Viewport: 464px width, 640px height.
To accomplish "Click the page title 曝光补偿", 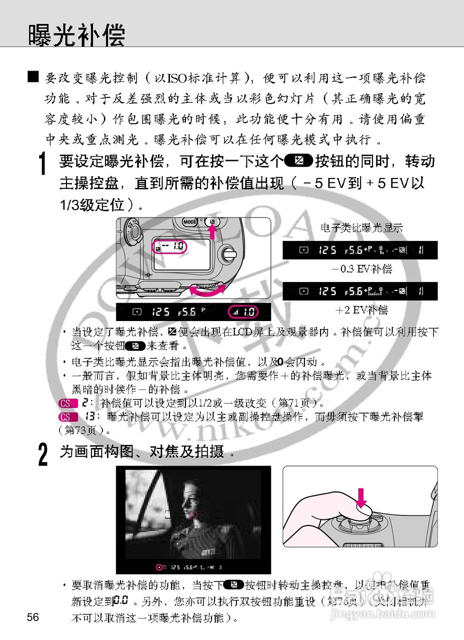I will pyautogui.click(x=76, y=35).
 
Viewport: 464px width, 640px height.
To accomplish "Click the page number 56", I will pyautogui.click(x=33, y=617).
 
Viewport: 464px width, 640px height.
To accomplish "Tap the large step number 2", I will pyautogui.click(x=43, y=455).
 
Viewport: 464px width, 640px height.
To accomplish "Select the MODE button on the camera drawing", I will pyautogui.click(x=189, y=222).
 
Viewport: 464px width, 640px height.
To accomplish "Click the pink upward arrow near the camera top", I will pyautogui.click(x=212, y=231).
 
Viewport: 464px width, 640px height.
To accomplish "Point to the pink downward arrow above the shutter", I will pyautogui.click(x=361, y=497).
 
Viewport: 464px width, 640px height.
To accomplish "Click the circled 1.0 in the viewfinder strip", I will pyautogui.click(x=243, y=312).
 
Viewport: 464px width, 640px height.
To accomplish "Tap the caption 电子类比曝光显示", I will pyautogui.click(x=361, y=228).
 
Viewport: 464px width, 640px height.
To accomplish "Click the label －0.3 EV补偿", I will pyautogui.click(x=361, y=269).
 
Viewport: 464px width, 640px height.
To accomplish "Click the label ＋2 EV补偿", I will pyautogui.click(x=361, y=310).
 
